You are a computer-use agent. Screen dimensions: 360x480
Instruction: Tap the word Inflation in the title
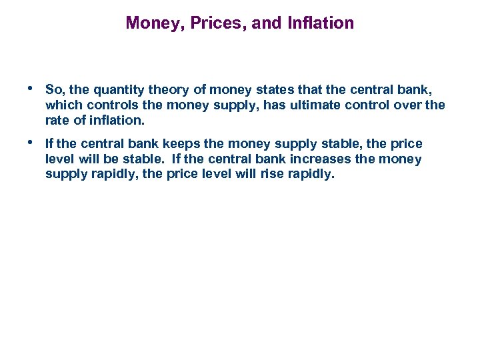pyautogui.click(x=321, y=23)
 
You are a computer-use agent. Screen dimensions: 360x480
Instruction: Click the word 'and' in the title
pyautogui.click(x=267, y=23)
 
